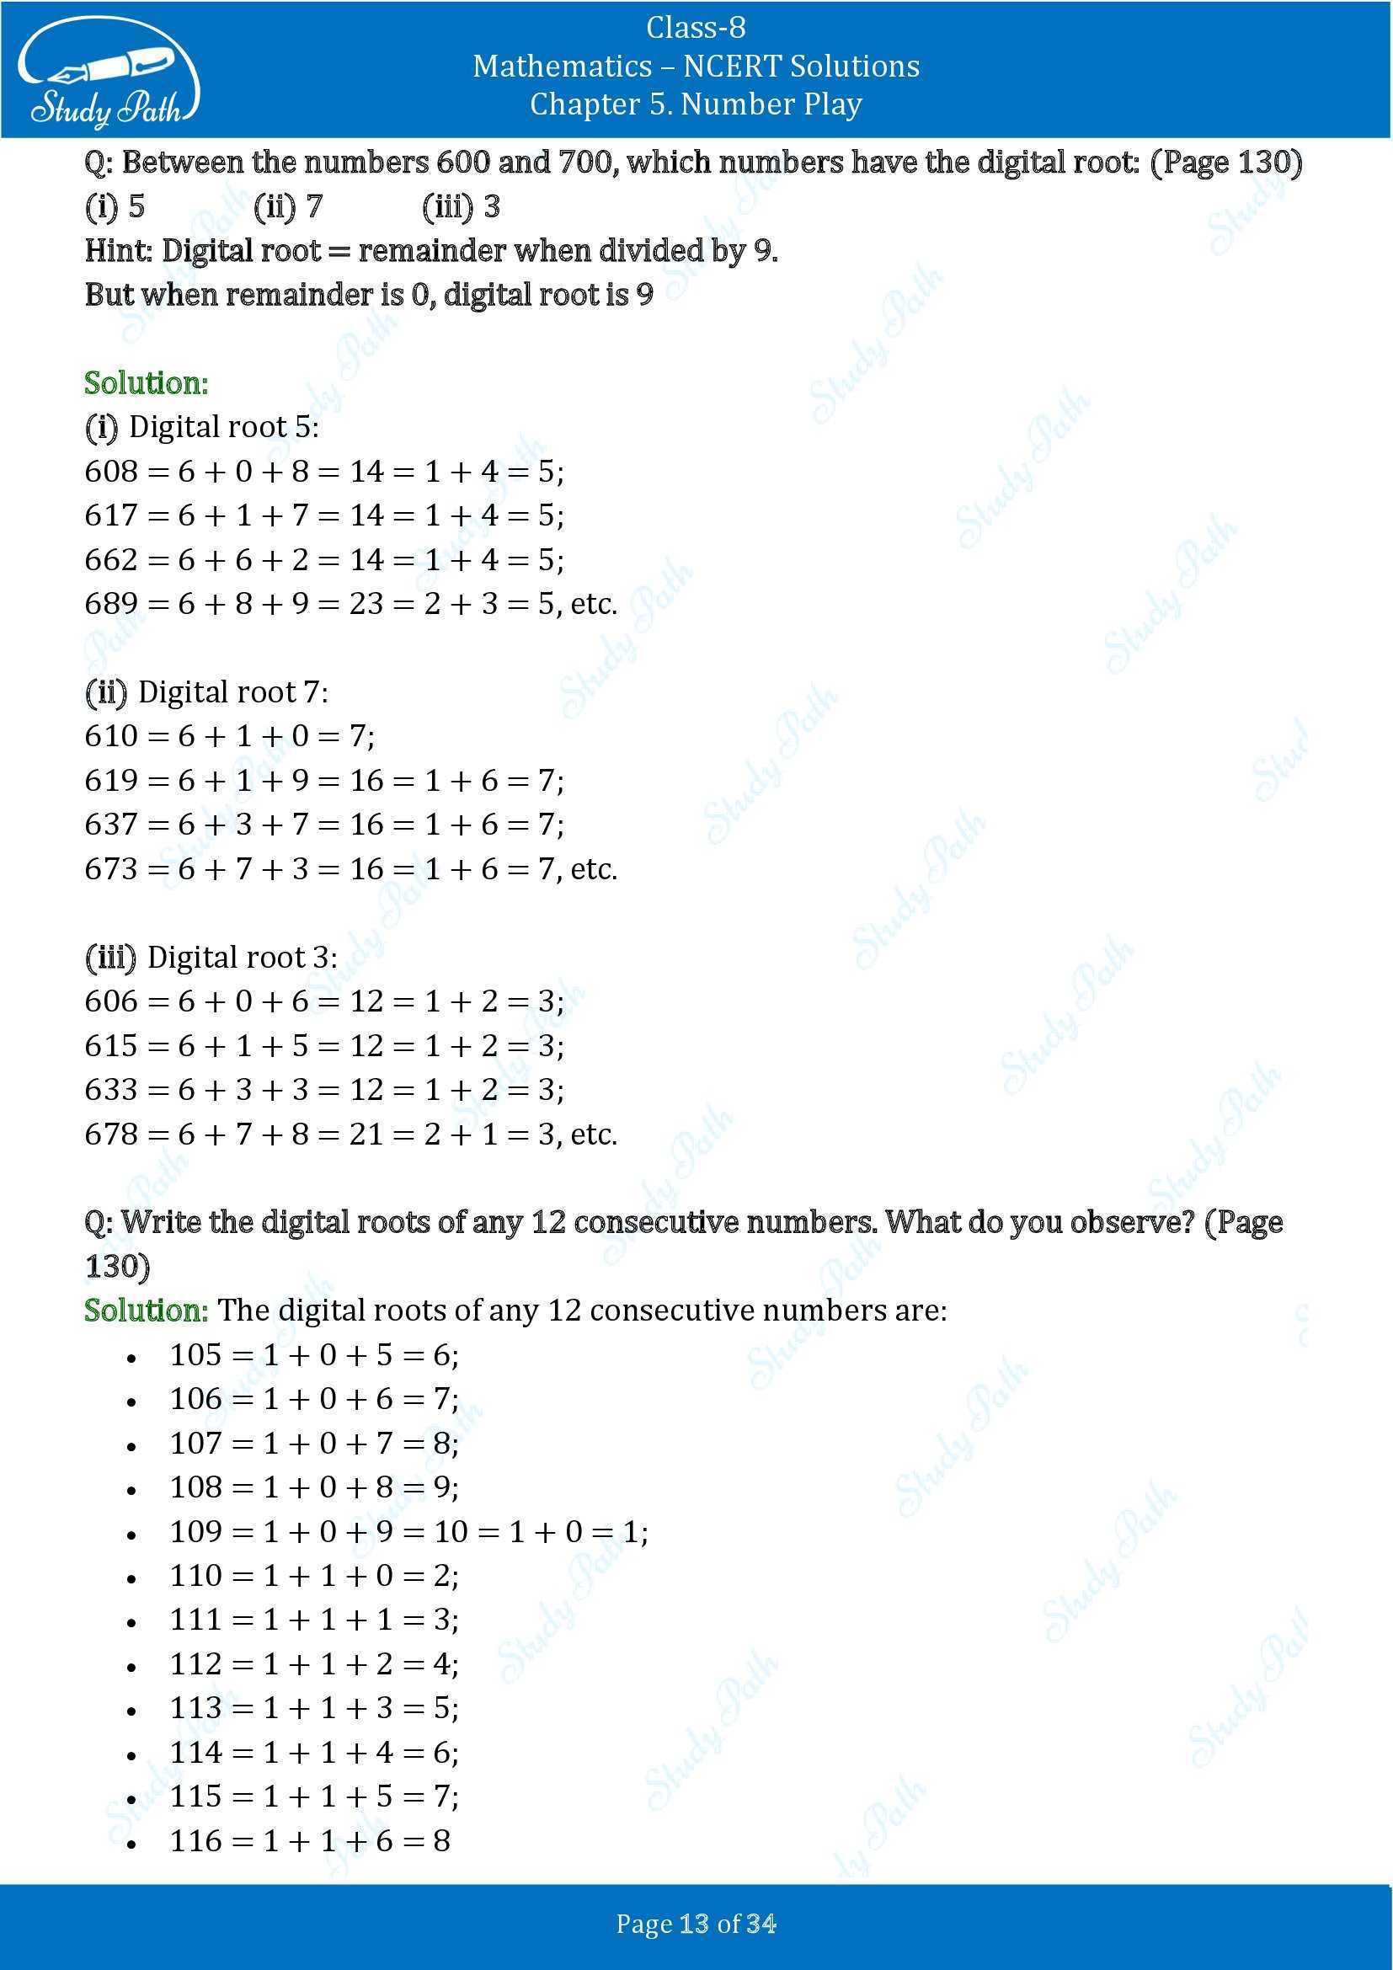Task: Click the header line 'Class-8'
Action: (696, 29)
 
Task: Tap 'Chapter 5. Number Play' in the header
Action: (696, 104)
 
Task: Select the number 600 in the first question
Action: (462, 163)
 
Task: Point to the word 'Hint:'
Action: (119, 251)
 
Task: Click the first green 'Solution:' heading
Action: (146, 383)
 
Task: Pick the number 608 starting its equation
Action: (110, 472)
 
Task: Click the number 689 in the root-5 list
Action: (110, 604)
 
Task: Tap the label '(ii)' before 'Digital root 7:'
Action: (105, 692)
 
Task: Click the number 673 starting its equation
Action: (110, 869)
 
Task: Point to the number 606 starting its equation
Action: (110, 1001)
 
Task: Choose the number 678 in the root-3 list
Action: (110, 1134)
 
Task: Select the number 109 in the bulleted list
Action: (195, 1532)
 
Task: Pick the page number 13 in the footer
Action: (692, 1925)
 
